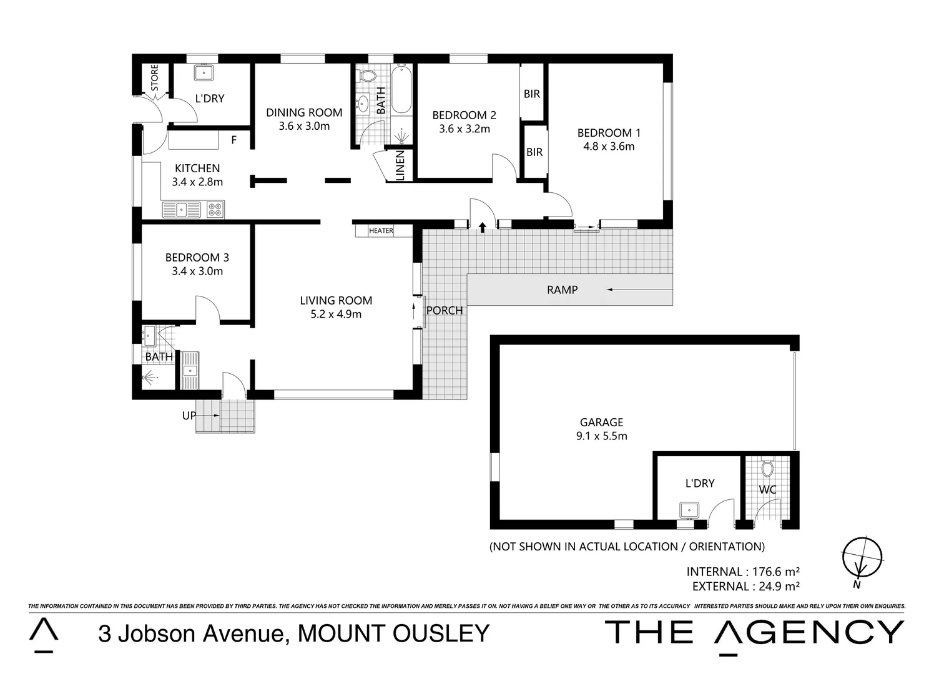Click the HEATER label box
pos(381,231)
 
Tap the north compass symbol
pos(862,557)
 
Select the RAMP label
pos(562,290)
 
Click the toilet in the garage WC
pos(767,467)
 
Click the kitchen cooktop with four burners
pos(215,210)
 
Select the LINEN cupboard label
pos(400,165)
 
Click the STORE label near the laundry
pos(154,77)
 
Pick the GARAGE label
pos(601,422)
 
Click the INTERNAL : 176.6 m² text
pos(743,572)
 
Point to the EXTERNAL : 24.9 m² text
pos(746,587)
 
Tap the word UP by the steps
pos(189,416)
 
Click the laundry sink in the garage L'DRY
pos(689,510)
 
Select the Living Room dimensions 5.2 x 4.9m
pos(336,315)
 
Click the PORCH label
pos(445,311)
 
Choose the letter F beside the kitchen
pos(234,140)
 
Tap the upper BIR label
pos(532,94)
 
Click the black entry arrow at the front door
pos(482,227)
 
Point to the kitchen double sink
pos(182,210)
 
